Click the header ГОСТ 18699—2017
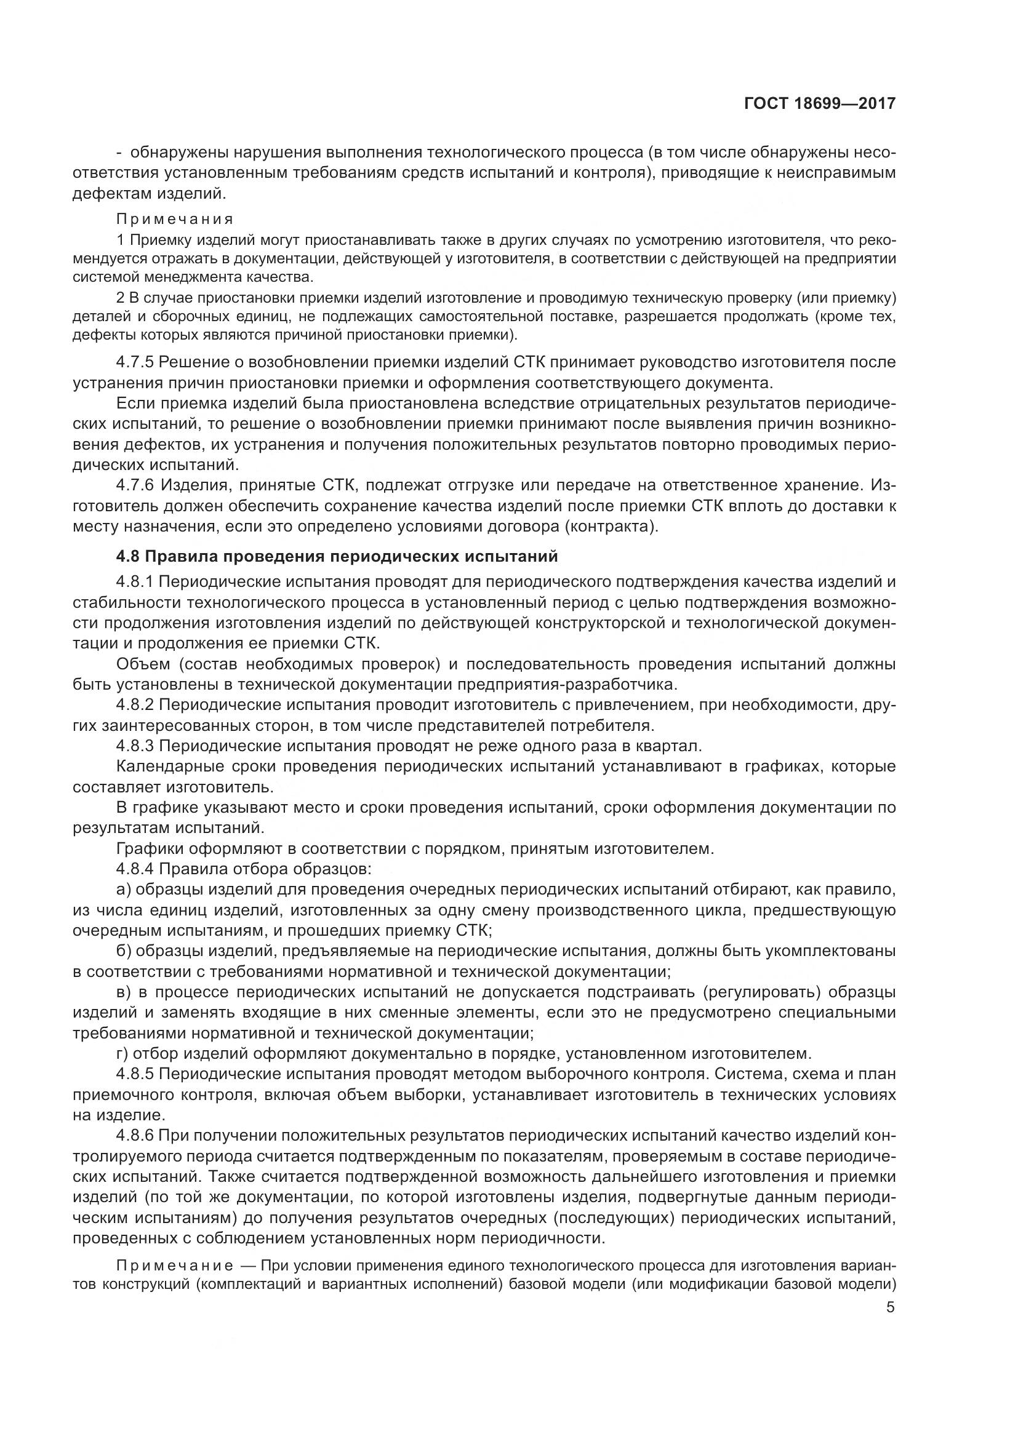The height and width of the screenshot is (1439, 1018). tap(819, 103)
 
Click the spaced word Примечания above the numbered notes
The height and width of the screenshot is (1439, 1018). tap(175, 220)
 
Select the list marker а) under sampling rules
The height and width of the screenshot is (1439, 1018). tap(123, 890)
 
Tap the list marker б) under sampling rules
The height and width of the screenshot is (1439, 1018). tap(123, 951)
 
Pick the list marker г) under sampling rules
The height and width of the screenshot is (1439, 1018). tap(122, 1053)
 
